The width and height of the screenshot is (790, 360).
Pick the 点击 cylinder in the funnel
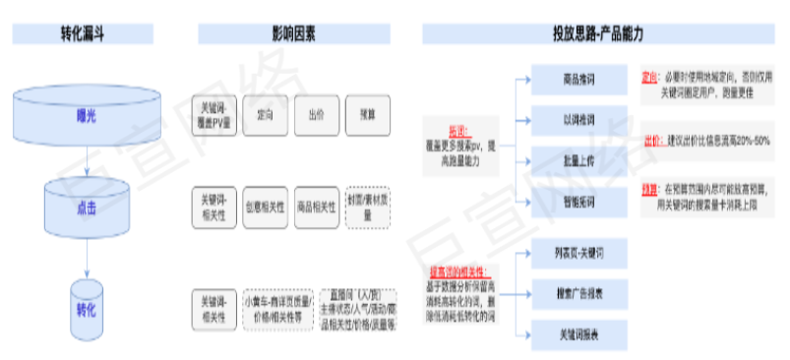point(86,208)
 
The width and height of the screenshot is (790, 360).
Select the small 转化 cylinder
point(86,308)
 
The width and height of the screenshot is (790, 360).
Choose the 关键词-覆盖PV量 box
point(213,116)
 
